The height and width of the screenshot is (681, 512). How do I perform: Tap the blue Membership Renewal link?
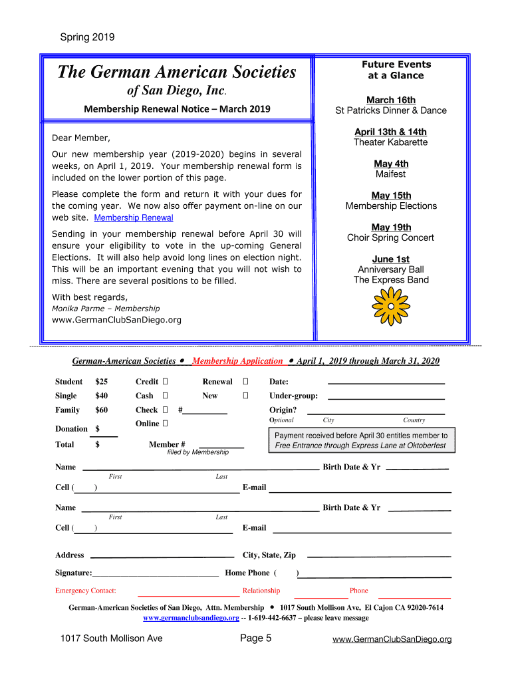click(134, 218)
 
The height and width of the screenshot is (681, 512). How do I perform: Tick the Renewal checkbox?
click(245, 382)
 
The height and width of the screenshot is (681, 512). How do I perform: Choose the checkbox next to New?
click(245, 396)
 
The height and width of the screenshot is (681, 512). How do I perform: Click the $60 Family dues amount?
click(102, 410)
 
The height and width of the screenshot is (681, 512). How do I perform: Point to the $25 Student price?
click(102, 382)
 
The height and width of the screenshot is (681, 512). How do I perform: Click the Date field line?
click(386, 383)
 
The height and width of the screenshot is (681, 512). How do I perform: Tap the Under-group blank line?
click(386, 397)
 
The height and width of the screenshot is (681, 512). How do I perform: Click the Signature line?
click(156, 573)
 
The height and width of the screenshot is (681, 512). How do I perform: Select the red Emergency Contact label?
click(86, 591)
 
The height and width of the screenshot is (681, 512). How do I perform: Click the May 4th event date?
click(391, 164)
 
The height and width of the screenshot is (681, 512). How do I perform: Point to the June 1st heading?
click(391, 259)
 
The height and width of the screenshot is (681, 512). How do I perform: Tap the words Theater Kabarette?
click(391, 142)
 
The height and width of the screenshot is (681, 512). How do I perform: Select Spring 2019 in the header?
click(87, 37)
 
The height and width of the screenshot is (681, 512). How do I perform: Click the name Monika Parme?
click(74, 309)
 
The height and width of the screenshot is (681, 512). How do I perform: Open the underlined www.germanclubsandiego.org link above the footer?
click(192, 618)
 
